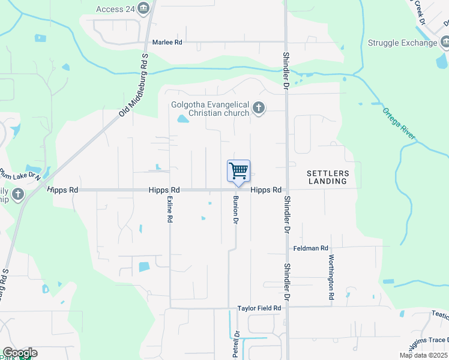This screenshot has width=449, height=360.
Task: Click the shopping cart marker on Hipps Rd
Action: (x=238, y=172)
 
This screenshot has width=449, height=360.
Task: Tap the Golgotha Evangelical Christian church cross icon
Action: (x=259, y=108)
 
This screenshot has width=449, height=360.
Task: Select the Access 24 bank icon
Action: (x=143, y=8)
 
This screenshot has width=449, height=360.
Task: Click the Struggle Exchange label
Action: (x=402, y=43)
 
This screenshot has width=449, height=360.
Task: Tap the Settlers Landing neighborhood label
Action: (x=328, y=176)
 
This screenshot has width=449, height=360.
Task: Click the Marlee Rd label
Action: (x=167, y=42)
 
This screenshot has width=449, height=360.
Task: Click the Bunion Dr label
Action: (x=236, y=211)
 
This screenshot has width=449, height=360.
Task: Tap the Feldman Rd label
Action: (x=311, y=248)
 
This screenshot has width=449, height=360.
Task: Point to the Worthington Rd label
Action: (x=331, y=277)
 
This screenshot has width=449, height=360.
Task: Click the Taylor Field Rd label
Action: (x=259, y=308)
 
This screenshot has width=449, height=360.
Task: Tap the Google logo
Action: (x=20, y=353)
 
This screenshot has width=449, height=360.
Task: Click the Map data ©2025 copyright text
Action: (x=423, y=355)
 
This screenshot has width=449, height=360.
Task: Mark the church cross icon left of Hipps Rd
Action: (x=18, y=194)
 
